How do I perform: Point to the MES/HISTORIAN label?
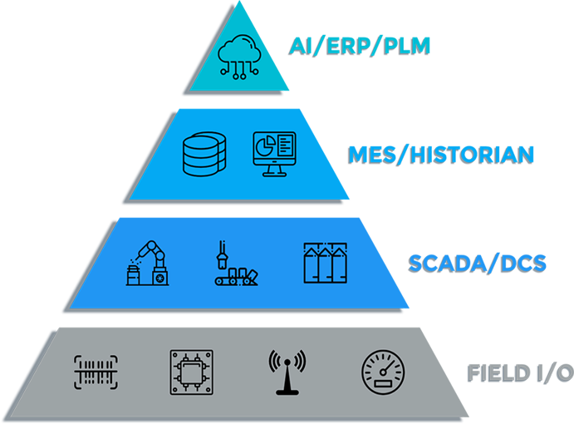point(439,155)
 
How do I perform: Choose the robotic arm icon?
point(147,263)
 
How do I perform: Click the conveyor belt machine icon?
point(232,264)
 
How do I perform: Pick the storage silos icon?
point(324,264)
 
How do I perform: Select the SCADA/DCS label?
point(477,264)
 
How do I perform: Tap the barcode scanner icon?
point(96,371)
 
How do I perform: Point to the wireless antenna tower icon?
point(287,371)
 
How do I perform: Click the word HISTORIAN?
point(468,155)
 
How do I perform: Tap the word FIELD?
point(497,372)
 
